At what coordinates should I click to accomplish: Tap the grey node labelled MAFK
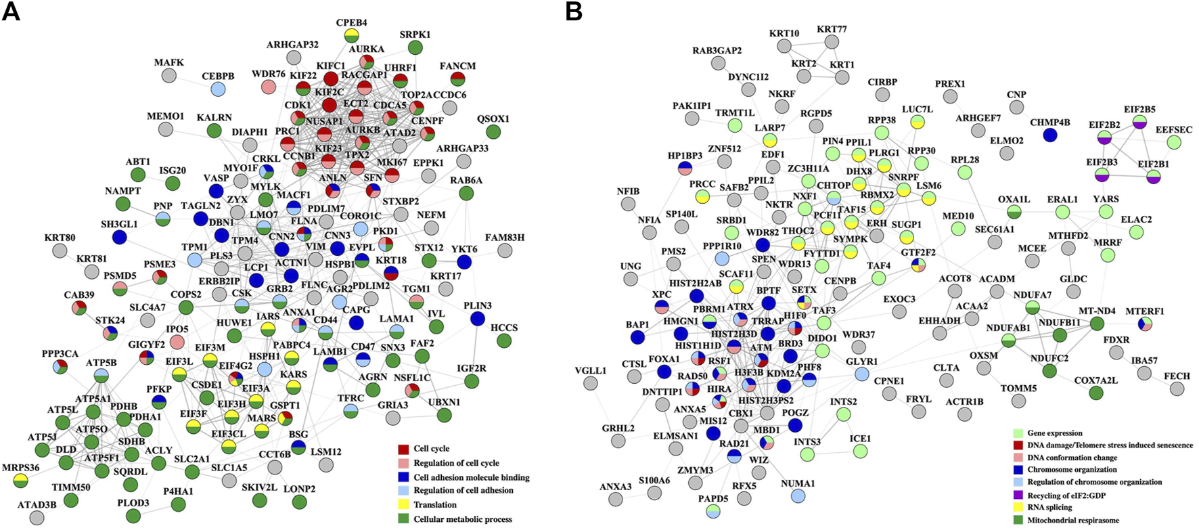(x=168, y=76)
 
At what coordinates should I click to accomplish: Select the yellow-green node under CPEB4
(x=351, y=35)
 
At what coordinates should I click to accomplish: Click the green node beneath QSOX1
(x=493, y=132)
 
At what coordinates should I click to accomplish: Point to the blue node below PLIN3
(x=478, y=319)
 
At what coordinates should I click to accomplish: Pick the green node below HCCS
(x=503, y=340)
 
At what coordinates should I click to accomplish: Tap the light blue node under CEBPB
(x=218, y=89)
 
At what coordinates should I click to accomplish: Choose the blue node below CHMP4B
(x=1049, y=135)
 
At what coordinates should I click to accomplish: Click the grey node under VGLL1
(x=591, y=384)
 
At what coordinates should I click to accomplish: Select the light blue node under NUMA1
(x=798, y=496)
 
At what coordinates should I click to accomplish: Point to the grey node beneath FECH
(x=1177, y=389)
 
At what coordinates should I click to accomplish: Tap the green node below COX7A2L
(x=1096, y=393)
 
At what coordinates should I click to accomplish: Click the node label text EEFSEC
(x=1174, y=130)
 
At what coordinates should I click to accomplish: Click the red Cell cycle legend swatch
(x=403, y=449)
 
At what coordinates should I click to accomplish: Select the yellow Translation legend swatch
(x=403, y=504)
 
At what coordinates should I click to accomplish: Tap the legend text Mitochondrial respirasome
(x=1073, y=520)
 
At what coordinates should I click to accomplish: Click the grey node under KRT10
(x=784, y=46)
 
